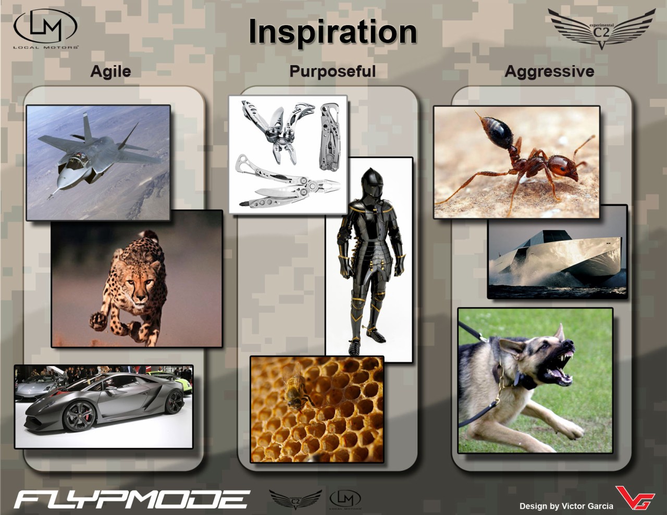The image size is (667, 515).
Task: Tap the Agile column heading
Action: [x=110, y=71]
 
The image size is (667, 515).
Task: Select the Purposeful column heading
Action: [x=332, y=71]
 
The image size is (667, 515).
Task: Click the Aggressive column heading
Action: [x=549, y=71]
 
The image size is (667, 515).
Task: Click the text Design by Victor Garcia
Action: [x=566, y=506]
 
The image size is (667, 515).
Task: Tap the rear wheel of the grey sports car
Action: [x=174, y=401]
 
